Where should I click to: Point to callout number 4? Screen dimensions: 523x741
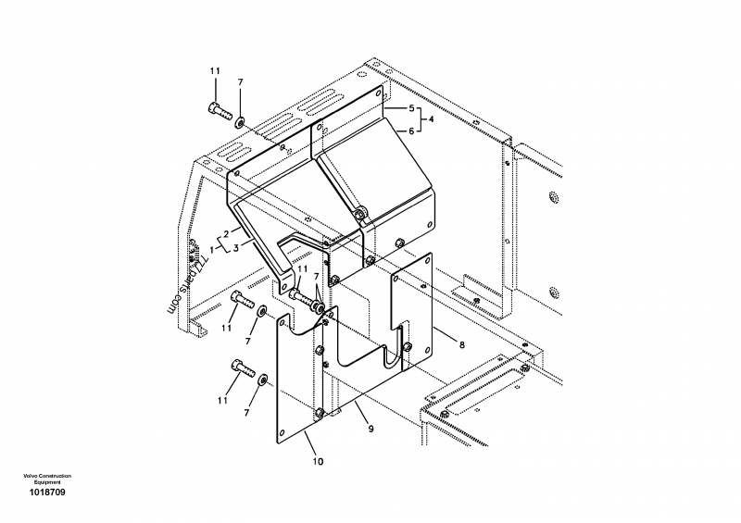(x=432, y=119)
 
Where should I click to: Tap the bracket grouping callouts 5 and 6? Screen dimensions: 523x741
(x=421, y=119)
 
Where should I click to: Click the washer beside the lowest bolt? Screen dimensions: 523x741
(x=265, y=380)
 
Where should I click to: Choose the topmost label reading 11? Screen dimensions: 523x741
(x=215, y=71)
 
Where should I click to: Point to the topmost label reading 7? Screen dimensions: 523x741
(x=240, y=83)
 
